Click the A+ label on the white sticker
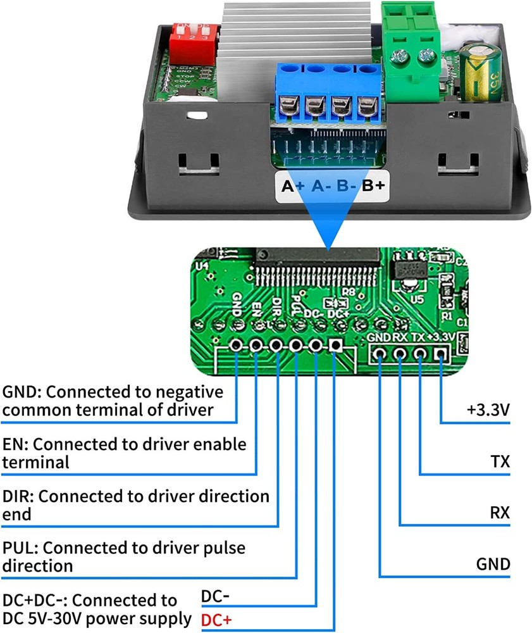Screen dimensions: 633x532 pyautogui.click(x=293, y=186)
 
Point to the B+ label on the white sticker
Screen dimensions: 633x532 pyautogui.click(x=373, y=186)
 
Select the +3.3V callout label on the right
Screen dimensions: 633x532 pyautogui.click(x=488, y=410)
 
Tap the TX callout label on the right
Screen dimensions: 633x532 pyautogui.click(x=500, y=461)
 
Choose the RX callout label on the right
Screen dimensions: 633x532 pyautogui.click(x=500, y=512)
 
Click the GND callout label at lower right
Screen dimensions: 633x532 pyautogui.click(x=493, y=563)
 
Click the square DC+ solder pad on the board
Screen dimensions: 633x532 pyautogui.click(x=335, y=346)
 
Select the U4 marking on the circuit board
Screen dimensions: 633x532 pyautogui.click(x=202, y=266)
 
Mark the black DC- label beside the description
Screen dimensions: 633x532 pyautogui.click(x=215, y=596)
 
